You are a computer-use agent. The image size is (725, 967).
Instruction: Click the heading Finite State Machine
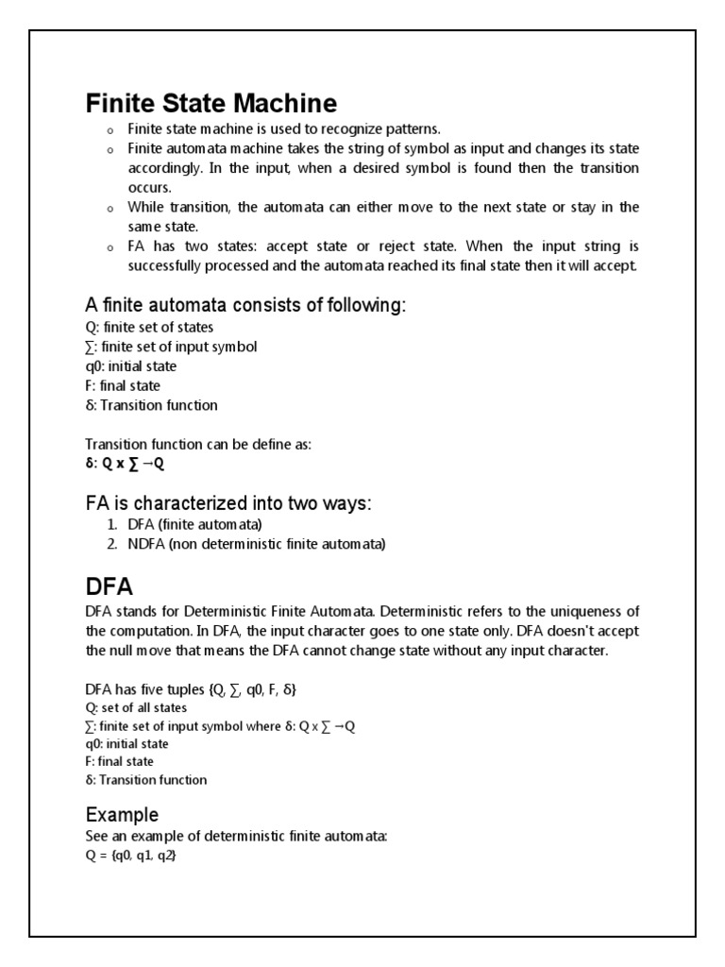coord(211,103)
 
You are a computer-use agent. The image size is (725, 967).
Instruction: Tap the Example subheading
coord(122,814)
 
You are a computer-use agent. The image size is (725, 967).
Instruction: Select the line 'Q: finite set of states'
coord(149,327)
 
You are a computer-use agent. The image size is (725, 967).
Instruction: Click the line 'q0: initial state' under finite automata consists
coord(130,365)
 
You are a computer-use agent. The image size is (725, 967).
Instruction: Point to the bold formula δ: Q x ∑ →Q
coord(125,465)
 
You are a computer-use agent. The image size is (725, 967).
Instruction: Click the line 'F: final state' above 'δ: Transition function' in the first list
coord(123,385)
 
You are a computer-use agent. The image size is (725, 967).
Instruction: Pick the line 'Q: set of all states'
coord(136,708)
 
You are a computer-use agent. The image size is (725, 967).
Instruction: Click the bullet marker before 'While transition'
coord(109,208)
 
